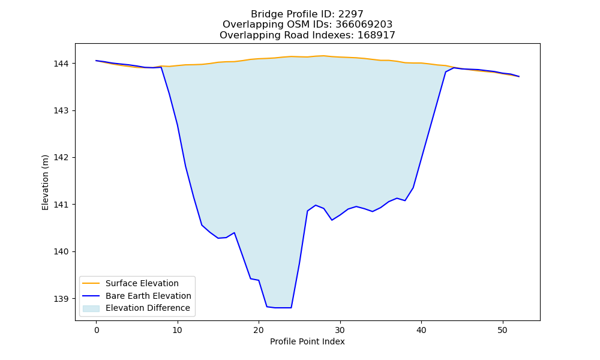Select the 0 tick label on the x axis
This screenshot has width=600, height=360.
point(97,330)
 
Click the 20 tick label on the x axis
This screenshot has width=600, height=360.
point(259,330)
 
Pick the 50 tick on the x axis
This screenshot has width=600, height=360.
point(502,330)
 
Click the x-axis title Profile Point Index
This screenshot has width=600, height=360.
point(307,341)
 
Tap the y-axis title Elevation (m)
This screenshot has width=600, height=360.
point(45,182)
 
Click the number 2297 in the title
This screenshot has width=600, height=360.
point(350,14)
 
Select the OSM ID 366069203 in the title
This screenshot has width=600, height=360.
point(364,25)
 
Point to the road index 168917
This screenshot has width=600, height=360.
point(376,35)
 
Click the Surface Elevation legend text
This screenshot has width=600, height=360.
point(142,283)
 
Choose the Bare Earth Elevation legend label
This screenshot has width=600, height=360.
point(148,296)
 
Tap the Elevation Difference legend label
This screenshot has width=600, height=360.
point(148,308)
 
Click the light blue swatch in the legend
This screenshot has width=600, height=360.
point(91,308)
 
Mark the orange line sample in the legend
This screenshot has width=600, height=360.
point(91,283)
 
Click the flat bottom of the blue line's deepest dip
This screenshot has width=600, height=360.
point(283,308)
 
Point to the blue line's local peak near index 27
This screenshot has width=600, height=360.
point(316,205)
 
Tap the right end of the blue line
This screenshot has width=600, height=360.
point(519,77)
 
